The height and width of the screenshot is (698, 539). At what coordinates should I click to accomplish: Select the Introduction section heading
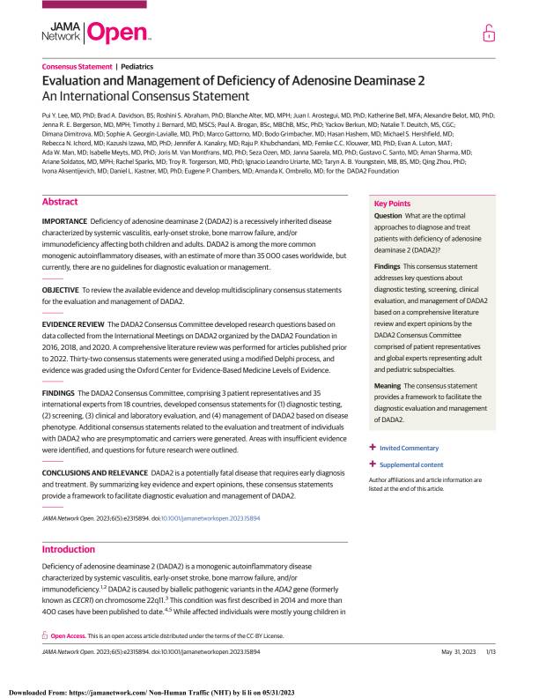[69, 549]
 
